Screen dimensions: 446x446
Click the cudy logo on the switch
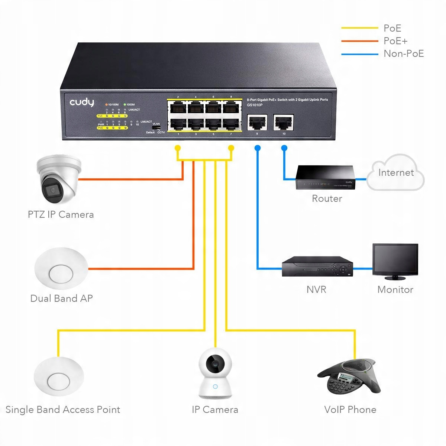pyautogui.click(x=82, y=103)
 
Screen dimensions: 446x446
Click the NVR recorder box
pyautogui.click(x=317, y=266)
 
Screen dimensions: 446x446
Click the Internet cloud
pyautogui.click(x=396, y=172)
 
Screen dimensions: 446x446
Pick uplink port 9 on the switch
pyautogui.click(x=257, y=122)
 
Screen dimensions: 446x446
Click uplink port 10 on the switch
pyautogui.click(x=284, y=122)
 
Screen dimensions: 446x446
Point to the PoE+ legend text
pyautogui.click(x=395, y=41)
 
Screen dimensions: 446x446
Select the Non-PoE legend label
pyautogui.click(x=404, y=54)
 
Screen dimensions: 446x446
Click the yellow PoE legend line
pyautogui.click(x=359, y=28)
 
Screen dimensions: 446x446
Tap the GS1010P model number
pyautogui.click(x=255, y=105)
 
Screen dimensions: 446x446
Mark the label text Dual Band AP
pyautogui.click(x=61, y=298)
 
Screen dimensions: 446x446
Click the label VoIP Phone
pyautogui.click(x=350, y=410)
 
